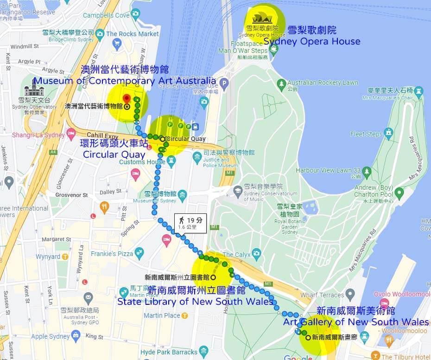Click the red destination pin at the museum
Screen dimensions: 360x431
coord(127,99)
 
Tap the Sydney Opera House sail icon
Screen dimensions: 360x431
coord(262,19)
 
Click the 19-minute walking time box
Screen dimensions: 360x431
coord(190,223)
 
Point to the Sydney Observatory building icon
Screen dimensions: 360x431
coord(34,88)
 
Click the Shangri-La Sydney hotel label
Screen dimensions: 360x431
coord(38,135)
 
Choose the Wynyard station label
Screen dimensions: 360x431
coord(48,256)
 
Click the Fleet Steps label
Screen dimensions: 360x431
coord(367,134)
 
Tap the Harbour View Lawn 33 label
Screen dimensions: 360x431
coord(328,170)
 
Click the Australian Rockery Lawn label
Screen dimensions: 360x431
coord(323,83)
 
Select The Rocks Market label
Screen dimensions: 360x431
coord(132,34)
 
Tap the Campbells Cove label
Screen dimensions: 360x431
coord(106,15)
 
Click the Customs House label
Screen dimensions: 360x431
coord(142,162)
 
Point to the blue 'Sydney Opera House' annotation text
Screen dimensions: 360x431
coord(312,41)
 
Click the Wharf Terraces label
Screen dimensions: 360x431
coord(322,295)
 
